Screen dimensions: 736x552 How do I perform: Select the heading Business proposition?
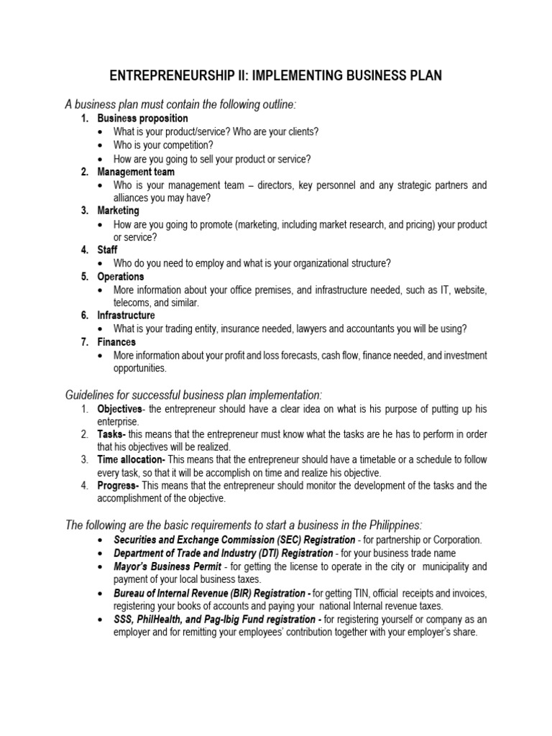point(142,118)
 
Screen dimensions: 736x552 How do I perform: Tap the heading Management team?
point(136,172)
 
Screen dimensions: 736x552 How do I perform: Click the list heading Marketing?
point(119,211)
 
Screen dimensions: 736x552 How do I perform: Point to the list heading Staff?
point(108,249)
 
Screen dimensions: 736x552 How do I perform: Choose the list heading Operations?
point(121,277)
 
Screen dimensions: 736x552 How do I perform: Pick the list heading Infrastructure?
point(126,316)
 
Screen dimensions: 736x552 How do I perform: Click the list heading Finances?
point(116,342)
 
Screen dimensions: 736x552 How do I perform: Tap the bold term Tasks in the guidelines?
point(111,435)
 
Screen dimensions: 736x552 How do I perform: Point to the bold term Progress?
point(118,486)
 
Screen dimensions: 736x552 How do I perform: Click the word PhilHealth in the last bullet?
point(158,620)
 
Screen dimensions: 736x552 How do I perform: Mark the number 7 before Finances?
point(84,342)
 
